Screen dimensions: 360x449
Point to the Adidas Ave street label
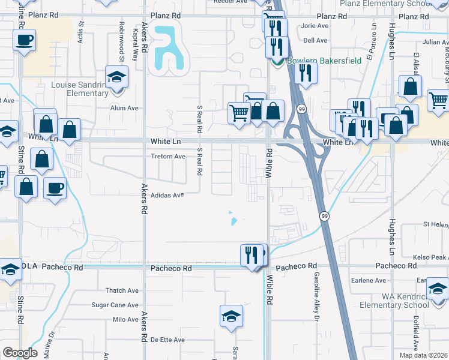click(167, 195)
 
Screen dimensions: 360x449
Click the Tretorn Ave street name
click(168, 157)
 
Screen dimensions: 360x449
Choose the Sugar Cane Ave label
click(115, 305)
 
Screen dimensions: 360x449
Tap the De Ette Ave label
click(167, 340)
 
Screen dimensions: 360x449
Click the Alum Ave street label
click(124, 108)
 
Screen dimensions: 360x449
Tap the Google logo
click(20, 353)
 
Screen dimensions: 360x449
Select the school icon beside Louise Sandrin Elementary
click(116, 77)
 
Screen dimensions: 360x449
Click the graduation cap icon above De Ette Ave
click(231, 316)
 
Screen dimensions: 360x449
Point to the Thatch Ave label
click(122, 290)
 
